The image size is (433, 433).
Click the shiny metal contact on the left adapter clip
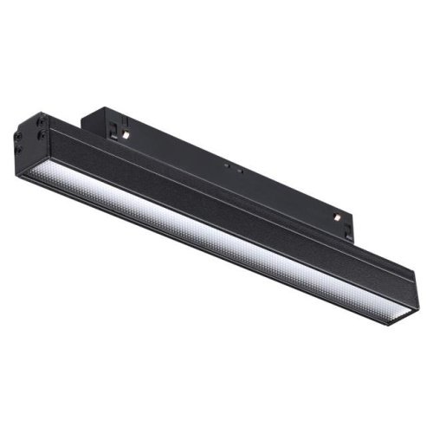(x=125, y=134)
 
